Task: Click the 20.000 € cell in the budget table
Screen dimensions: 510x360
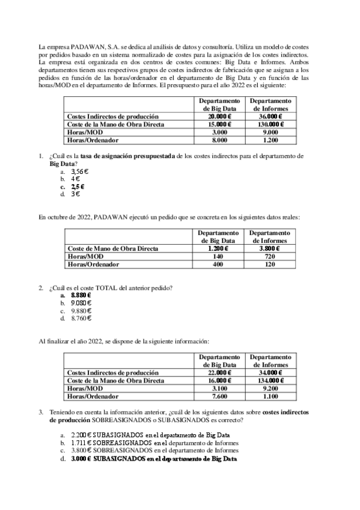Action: pyautogui.click(x=219, y=116)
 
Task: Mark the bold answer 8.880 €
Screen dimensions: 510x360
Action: pyautogui.click(x=81, y=295)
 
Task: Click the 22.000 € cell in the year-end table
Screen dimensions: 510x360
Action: pyautogui.click(x=219, y=373)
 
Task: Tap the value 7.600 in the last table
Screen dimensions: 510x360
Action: pyautogui.click(x=219, y=396)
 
